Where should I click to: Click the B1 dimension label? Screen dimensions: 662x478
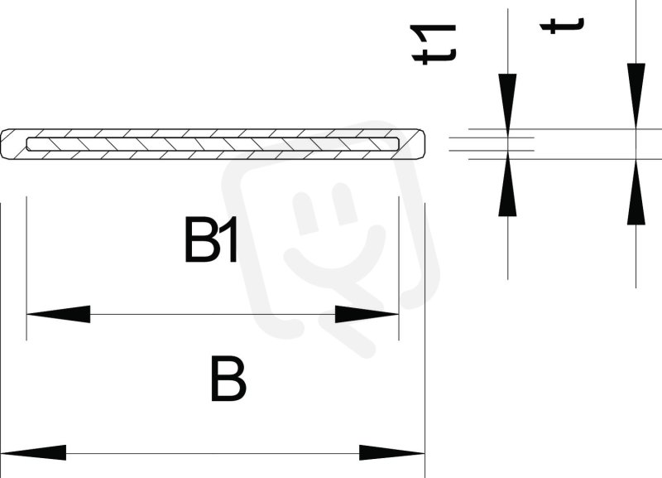(211, 239)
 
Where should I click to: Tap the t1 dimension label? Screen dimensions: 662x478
(434, 44)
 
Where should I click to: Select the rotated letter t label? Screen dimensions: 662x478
(562, 25)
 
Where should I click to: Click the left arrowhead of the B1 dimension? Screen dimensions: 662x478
(58, 314)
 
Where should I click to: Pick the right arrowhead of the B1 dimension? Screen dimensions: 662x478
(367, 314)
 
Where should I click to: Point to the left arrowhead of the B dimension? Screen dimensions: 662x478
(33, 452)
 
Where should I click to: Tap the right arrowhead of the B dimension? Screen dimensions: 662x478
(392, 452)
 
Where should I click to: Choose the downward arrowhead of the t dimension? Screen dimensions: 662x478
(636, 96)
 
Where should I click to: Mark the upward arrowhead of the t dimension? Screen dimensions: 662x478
(636, 191)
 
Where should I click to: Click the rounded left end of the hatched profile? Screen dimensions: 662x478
(5, 144)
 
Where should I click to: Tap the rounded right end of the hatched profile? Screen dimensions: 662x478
(420, 144)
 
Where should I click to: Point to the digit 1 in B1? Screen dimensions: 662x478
(228, 239)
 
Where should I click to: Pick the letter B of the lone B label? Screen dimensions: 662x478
(228, 379)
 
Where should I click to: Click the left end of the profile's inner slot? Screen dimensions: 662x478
(27, 144)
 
